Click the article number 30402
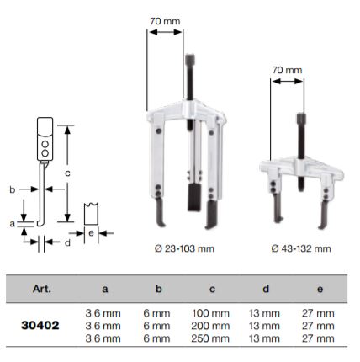click(40, 324)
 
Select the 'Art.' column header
click(42, 289)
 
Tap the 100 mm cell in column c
click(211, 312)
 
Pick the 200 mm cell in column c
click(211, 324)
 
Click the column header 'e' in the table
click(319, 289)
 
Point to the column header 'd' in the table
click(265, 289)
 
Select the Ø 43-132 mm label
click(300, 248)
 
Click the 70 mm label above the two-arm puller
click(286, 73)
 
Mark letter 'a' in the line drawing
click(12, 224)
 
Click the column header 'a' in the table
click(104, 289)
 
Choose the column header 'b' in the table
click(157, 289)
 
